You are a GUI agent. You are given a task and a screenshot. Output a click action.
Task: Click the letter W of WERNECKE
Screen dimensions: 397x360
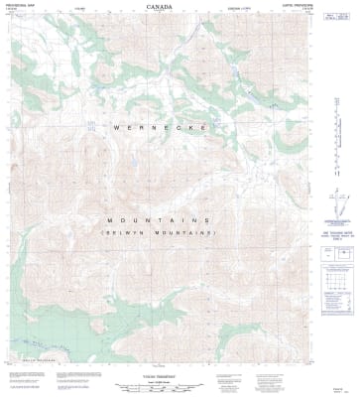click(116, 127)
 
